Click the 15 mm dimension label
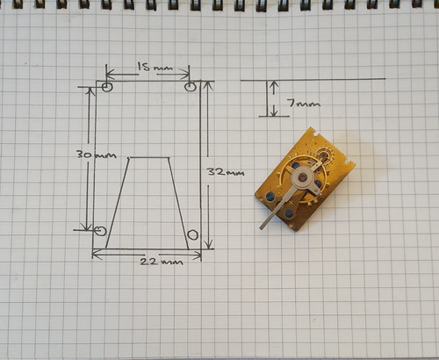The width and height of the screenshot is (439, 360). tap(155, 67)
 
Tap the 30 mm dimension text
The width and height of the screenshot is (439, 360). tap(97, 155)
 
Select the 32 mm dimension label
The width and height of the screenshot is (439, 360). tap(226, 171)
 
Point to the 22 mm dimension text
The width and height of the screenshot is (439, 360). tap(162, 261)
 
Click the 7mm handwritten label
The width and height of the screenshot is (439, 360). tap(304, 103)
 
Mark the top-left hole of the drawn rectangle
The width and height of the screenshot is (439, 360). tap(107, 87)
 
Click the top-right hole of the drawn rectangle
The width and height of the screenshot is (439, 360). tap(191, 87)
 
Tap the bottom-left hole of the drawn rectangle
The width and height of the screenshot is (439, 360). tap(101, 231)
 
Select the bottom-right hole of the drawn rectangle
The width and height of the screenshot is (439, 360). tap(192, 234)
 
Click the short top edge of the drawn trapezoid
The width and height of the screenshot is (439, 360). tap(149, 158)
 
